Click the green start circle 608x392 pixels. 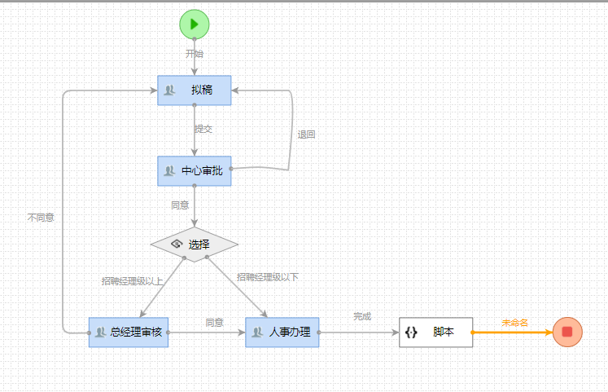click(194, 24)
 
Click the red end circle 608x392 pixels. click(567, 332)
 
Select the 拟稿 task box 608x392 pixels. click(195, 90)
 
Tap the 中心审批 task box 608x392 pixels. click(195, 170)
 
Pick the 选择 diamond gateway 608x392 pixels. click(195, 244)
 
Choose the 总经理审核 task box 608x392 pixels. click(129, 332)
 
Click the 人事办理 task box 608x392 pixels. click(282, 332)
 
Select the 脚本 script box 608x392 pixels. click(435, 332)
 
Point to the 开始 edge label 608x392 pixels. click(194, 54)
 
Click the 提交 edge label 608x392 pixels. click(203, 129)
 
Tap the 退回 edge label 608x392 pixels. click(306, 134)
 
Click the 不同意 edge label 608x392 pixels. click(41, 218)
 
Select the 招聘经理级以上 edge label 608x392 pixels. click(132, 281)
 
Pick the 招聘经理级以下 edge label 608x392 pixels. click(267, 277)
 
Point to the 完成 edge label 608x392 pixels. click(361, 315)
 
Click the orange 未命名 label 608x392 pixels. click(514, 323)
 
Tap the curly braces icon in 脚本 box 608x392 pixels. click(411, 333)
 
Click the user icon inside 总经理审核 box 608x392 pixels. click(101, 332)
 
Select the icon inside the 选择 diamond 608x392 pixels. click(176, 244)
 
